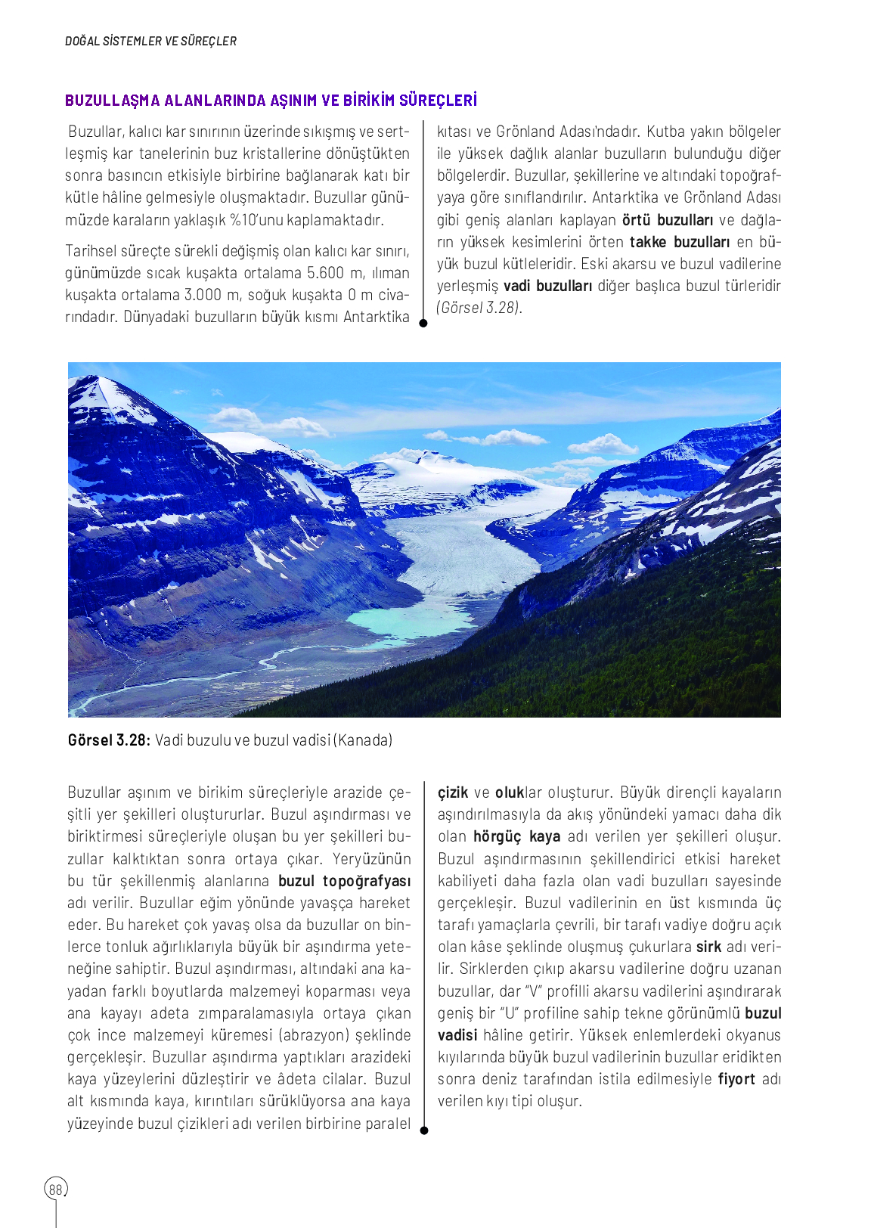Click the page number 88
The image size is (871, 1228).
55,1189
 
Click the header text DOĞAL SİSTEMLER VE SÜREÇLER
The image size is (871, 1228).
150,41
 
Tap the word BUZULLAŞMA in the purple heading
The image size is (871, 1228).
112,101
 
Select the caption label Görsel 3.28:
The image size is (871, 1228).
109,740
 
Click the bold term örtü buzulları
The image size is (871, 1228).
667,220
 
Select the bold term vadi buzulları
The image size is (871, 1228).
547,286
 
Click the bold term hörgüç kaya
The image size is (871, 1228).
516,836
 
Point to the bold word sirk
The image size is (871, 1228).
708,947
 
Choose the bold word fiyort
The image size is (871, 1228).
736,1079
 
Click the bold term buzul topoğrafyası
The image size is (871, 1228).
344,881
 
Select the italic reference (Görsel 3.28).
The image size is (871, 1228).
479,308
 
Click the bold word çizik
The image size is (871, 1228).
452,792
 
